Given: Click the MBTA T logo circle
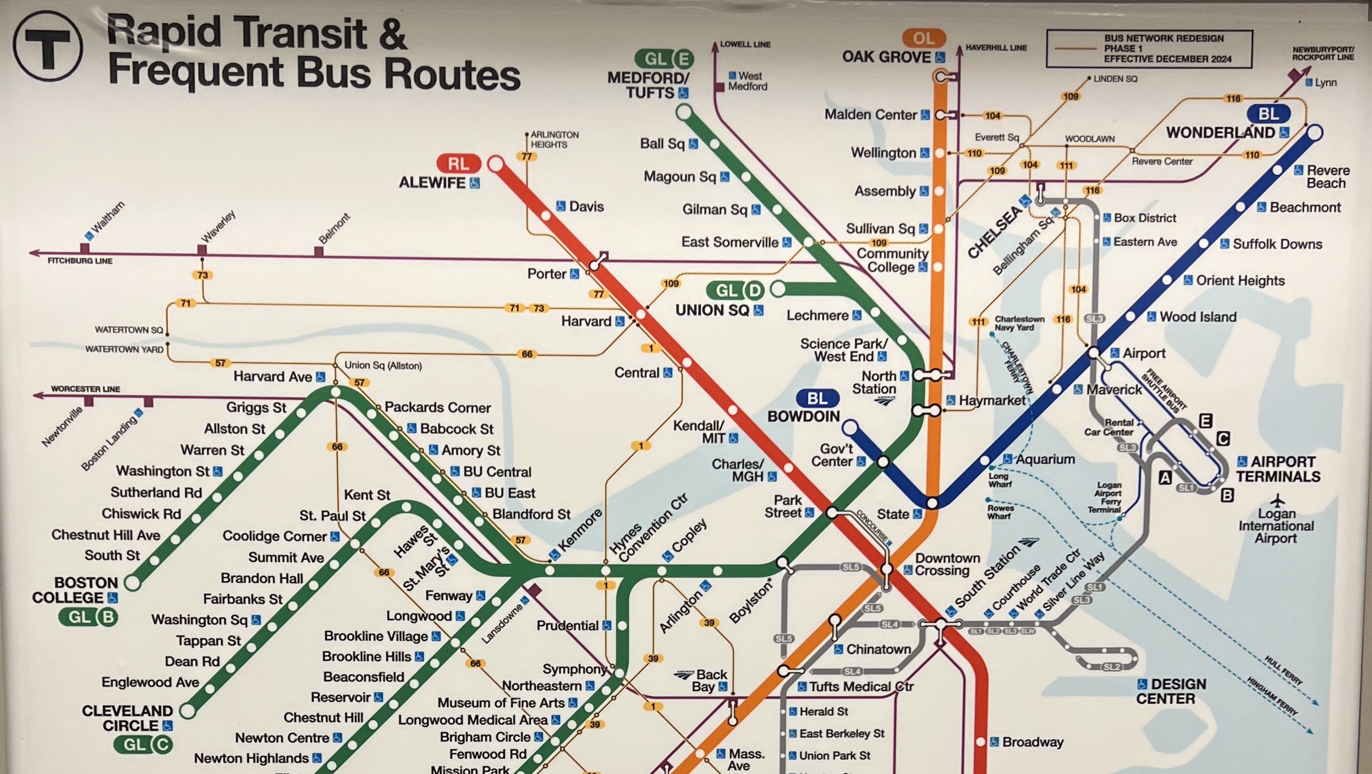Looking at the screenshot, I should [x=48, y=46].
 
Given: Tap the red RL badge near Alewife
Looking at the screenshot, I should [x=458, y=164].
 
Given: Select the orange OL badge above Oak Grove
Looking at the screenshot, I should [x=923, y=38].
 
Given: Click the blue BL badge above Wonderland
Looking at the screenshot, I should [x=1268, y=114].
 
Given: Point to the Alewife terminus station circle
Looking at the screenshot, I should [x=496, y=164].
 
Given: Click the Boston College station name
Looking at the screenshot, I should [x=75, y=590].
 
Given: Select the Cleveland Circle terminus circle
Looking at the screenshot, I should [x=188, y=710].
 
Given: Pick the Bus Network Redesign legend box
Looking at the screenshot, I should [x=1149, y=49].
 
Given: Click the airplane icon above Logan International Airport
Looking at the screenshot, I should [x=1277, y=500].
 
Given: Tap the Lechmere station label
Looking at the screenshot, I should [x=817, y=316].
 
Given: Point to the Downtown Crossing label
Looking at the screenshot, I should [x=947, y=564].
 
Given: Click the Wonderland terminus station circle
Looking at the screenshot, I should [x=1314, y=132].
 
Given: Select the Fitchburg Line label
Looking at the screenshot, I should [x=80, y=261].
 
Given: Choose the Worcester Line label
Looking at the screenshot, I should [x=85, y=389].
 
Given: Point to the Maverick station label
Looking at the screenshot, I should [x=1114, y=390].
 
